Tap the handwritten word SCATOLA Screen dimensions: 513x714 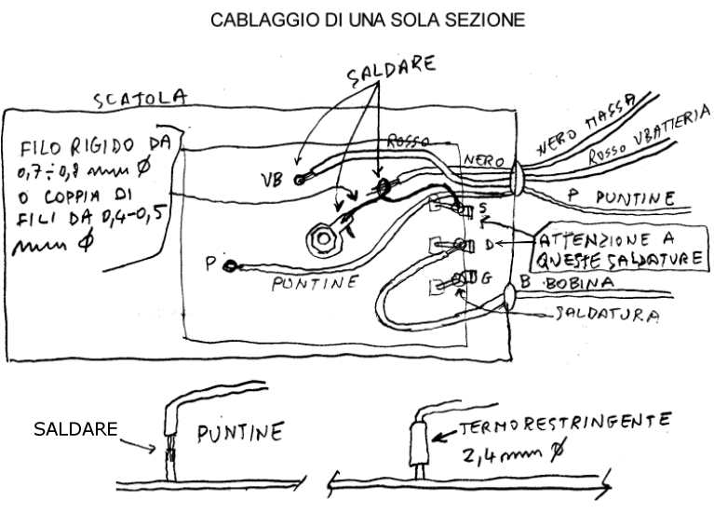pyautogui.click(x=143, y=99)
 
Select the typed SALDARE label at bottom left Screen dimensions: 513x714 pyautogui.click(x=74, y=429)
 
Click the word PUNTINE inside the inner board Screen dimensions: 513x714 pyautogui.click(x=312, y=283)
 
